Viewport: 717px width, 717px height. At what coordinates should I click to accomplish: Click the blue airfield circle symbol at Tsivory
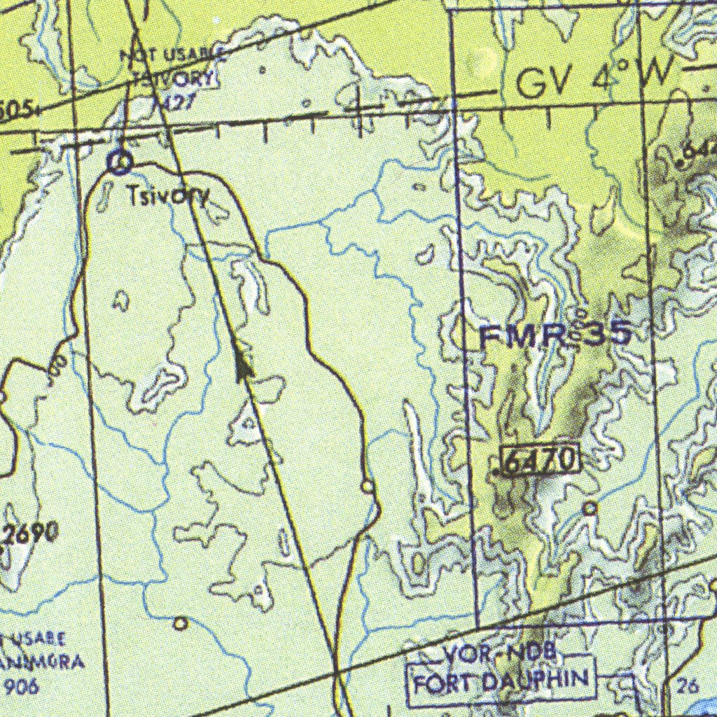click(x=120, y=163)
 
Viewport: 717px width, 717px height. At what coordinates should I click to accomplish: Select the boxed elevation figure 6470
click(x=541, y=460)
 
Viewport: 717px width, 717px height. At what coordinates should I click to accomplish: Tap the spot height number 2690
click(x=29, y=534)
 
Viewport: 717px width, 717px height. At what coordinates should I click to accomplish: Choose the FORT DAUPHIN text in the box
click(x=501, y=679)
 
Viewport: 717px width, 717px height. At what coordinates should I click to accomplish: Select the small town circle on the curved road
click(x=367, y=486)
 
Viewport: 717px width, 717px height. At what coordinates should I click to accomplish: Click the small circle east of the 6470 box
click(x=590, y=508)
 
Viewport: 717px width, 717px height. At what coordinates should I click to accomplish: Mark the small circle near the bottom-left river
click(x=181, y=623)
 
